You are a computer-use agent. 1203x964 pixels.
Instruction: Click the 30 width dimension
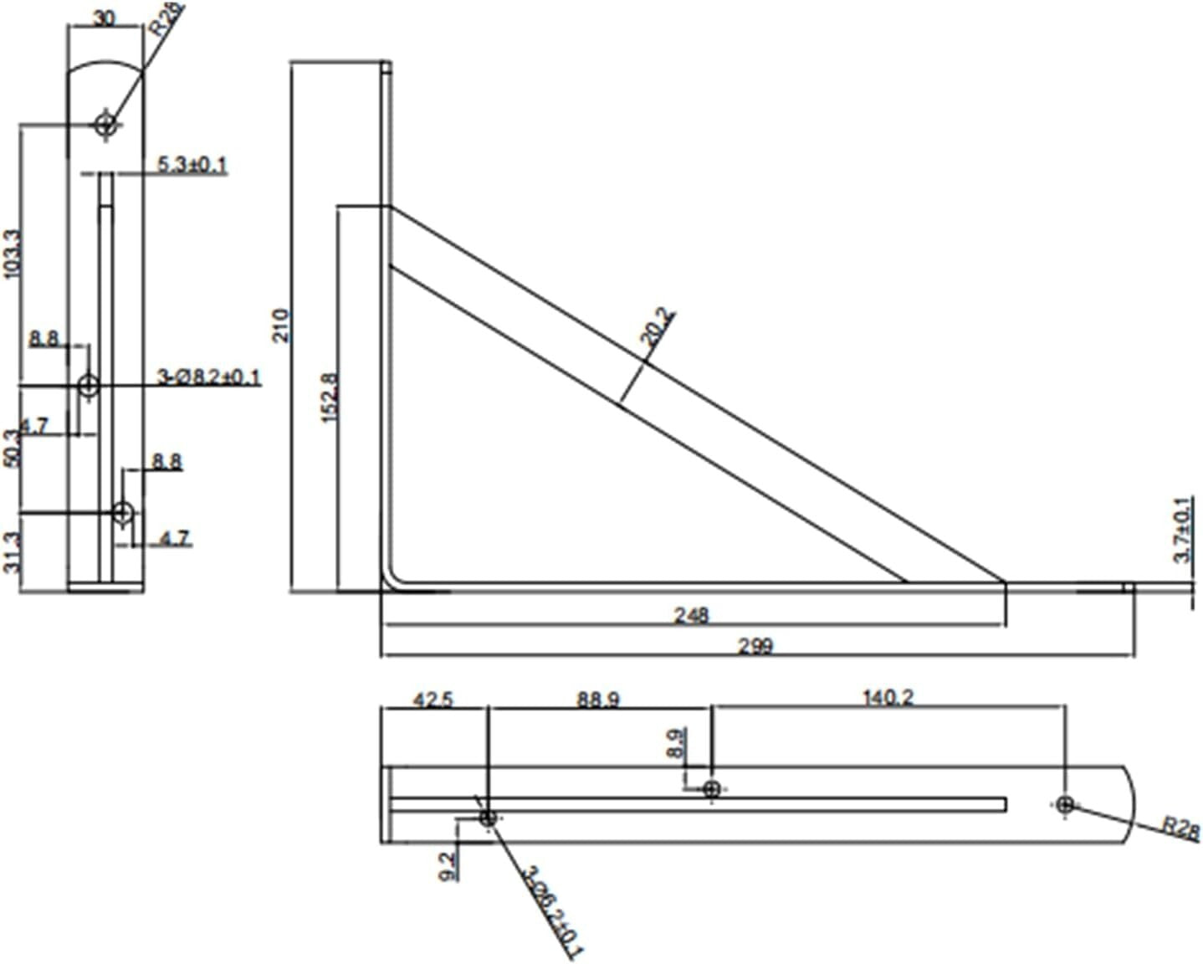click(104, 18)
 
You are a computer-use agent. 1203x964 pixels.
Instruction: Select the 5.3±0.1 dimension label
click(192, 165)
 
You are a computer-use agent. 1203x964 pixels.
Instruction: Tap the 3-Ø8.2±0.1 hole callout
click(209, 377)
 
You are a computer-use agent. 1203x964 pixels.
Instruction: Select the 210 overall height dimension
click(282, 325)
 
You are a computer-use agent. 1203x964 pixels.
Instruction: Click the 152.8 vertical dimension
click(330, 397)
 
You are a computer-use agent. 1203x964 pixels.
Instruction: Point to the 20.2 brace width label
click(658, 327)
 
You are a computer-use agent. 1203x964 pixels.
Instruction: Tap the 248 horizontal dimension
click(691, 616)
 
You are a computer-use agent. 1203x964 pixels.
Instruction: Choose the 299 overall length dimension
click(755, 646)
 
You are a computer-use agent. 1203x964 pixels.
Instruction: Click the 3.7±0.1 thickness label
click(1183, 530)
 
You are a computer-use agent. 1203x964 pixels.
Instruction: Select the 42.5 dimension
click(433, 699)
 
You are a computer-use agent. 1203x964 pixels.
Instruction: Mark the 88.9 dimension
click(597, 699)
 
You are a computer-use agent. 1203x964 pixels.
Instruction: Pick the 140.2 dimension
click(888, 697)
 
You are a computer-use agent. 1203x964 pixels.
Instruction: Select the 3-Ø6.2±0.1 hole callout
click(552, 911)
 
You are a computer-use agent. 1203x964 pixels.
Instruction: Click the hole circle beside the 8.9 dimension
click(712, 788)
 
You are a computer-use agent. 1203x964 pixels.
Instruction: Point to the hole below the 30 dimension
click(105, 125)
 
